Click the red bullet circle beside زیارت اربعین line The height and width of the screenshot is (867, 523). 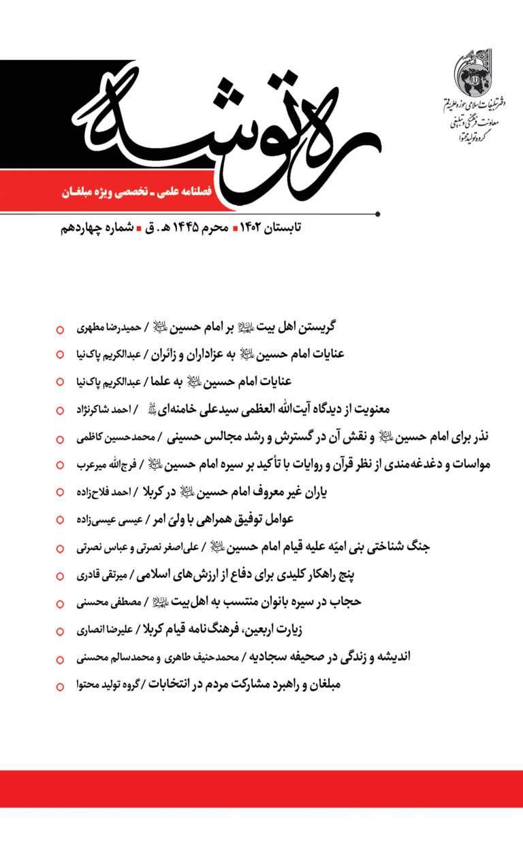click(x=60, y=630)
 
